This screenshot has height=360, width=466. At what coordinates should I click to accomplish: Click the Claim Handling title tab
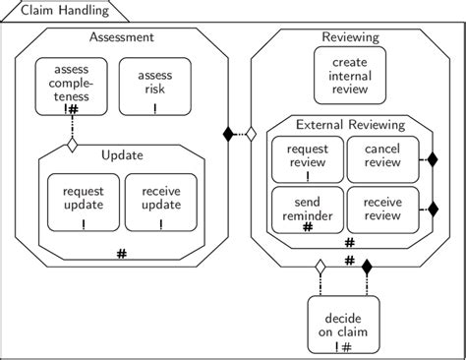pyautogui.click(x=56, y=11)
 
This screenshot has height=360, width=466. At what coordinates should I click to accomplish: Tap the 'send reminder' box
pyautogui.click(x=306, y=209)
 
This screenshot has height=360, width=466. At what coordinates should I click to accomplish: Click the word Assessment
pyautogui.click(x=121, y=37)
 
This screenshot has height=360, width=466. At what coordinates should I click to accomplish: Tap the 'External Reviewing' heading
pyautogui.click(x=351, y=124)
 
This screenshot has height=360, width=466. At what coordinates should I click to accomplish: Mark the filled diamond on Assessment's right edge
pyautogui.click(x=230, y=132)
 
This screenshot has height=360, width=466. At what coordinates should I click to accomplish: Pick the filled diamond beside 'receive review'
pyautogui.click(x=431, y=209)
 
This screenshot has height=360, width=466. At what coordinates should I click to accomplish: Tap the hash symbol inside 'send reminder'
pyautogui.click(x=308, y=227)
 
